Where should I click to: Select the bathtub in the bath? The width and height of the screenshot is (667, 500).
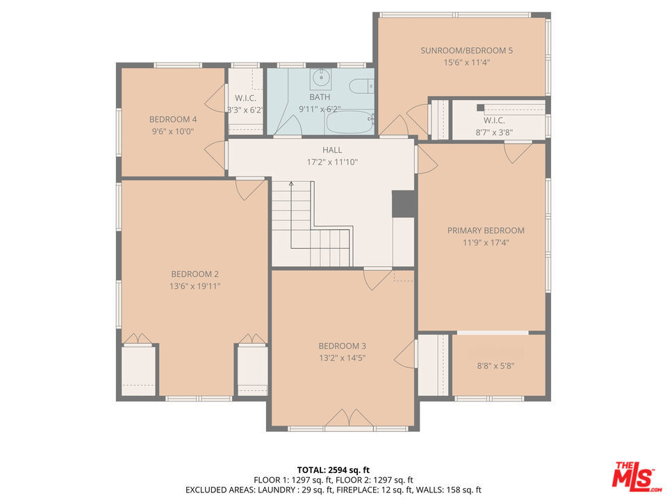(x=349, y=124)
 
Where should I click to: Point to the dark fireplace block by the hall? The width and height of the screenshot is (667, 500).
(x=404, y=203)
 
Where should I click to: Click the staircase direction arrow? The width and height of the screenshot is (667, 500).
(x=291, y=184)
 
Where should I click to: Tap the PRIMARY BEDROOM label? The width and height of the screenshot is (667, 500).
(x=486, y=231)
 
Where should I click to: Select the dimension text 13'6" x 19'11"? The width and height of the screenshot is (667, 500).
(x=196, y=286)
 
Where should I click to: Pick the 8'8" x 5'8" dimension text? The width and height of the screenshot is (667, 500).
(x=496, y=365)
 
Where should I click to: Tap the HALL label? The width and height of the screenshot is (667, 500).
(x=332, y=150)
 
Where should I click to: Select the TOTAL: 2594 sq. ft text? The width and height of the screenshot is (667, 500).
(x=333, y=469)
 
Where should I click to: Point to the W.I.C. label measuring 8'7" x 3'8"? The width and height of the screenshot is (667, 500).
(x=494, y=120)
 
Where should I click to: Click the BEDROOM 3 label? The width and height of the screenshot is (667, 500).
(x=342, y=346)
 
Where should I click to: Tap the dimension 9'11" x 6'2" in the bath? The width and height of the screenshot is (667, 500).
(x=320, y=109)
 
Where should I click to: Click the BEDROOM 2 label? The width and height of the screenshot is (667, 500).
(x=195, y=274)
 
